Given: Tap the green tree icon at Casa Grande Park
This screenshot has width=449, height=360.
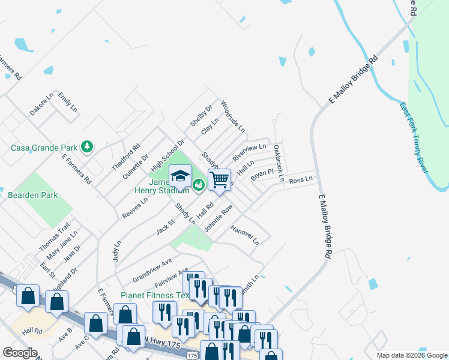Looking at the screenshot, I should point(87,146).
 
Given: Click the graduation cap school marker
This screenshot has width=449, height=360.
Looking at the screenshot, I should point(180,176).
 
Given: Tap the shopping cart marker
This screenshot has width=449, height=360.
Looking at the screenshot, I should point(220,179).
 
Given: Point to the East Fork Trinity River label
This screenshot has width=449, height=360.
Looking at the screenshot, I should point(415,137).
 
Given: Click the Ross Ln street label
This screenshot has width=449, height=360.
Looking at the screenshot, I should point(301,180).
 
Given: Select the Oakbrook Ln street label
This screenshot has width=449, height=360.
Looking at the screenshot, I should point(278,163).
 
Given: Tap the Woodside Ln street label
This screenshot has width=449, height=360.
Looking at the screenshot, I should point(233,116).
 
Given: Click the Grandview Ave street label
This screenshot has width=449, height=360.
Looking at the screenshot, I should point(152,270).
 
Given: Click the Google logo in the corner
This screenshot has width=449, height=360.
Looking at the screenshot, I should point(20,353).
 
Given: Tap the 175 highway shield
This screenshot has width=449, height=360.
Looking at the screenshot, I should point(191,355).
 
